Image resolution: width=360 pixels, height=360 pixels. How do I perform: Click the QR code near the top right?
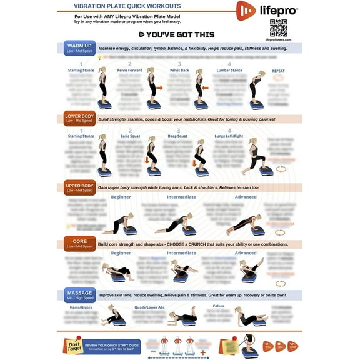pyautogui.click(x=278, y=27)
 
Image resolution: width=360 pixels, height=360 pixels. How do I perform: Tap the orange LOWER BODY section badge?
pyautogui.click(x=79, y=118)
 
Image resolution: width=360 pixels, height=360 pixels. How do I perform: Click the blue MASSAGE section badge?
pyautogui.click(x=79, y=294)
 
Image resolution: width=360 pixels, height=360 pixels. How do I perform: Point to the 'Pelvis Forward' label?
pyautogui.click(x=129, y=71)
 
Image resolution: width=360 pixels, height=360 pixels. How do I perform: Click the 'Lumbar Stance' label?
pyautogui.click(x=229, y=71)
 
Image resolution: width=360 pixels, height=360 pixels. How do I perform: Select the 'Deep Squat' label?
pyautogui.click(x=179, y=136)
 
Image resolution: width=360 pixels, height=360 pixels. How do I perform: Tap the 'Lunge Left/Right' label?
pyautogui.click(x=229, y=136)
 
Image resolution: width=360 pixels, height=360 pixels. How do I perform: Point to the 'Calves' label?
pyautogui.click(x=219, y=306)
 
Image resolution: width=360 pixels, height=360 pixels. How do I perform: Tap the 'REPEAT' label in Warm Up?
pyautogui.click(x=278, y=71)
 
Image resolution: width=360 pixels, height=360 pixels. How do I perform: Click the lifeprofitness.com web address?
pyautogui.click(x=278, y=41)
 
